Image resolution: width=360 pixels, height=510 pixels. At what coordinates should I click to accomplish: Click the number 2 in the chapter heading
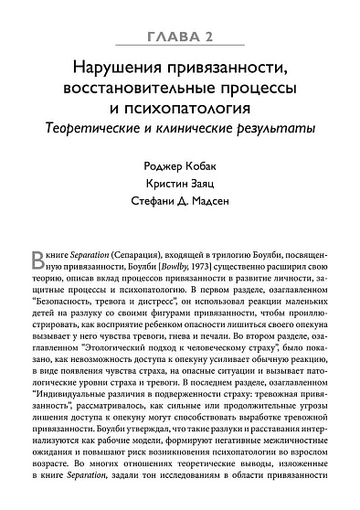pyautogui.click(x=210, y=36)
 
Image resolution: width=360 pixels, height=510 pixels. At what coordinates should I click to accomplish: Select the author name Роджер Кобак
pyautogui.click(x=180, y=168)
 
